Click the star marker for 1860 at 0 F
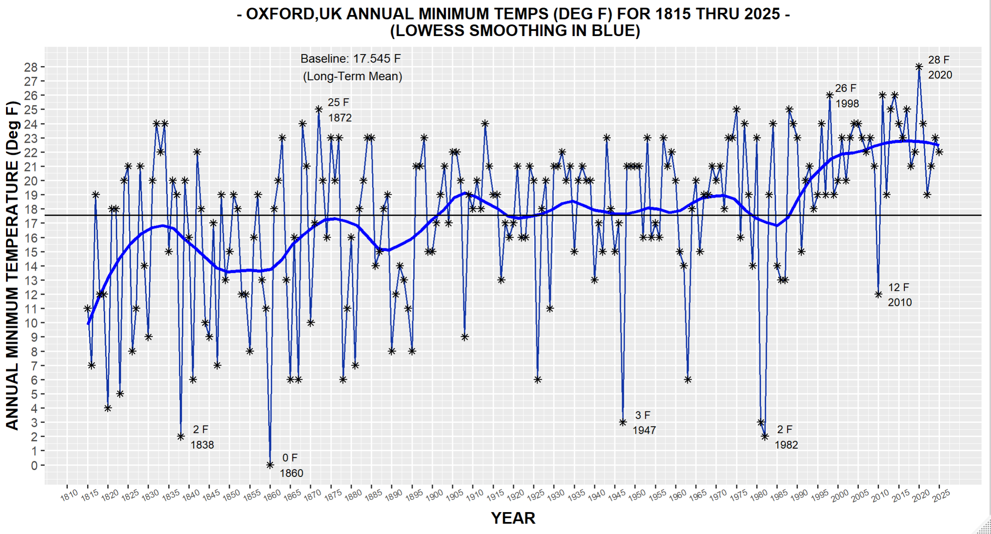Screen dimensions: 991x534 click(270, 465)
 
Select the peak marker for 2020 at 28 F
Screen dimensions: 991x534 click(919, 66)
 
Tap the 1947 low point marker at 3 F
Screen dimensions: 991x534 click(623, 422)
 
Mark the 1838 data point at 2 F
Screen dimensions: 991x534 click(181, 437)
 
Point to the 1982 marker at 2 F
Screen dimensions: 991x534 click(765, 437)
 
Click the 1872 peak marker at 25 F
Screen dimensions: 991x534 click(319, 109)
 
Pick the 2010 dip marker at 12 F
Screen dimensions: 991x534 click(879, 294)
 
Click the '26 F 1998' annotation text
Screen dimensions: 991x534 click(847, 96)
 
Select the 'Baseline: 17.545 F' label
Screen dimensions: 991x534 click(350, 59)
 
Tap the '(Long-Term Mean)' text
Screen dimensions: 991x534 click(353, 76)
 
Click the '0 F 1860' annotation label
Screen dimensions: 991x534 click(291, 465)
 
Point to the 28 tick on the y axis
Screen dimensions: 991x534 click(31, 67)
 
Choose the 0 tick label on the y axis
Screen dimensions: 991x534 click(34, 465)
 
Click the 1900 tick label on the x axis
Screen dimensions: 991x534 click(434, 495)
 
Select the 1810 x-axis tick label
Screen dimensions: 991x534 click(69, 495)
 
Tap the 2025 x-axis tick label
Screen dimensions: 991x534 click(941, 495)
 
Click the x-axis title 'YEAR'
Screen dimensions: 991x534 click(513, 518)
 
